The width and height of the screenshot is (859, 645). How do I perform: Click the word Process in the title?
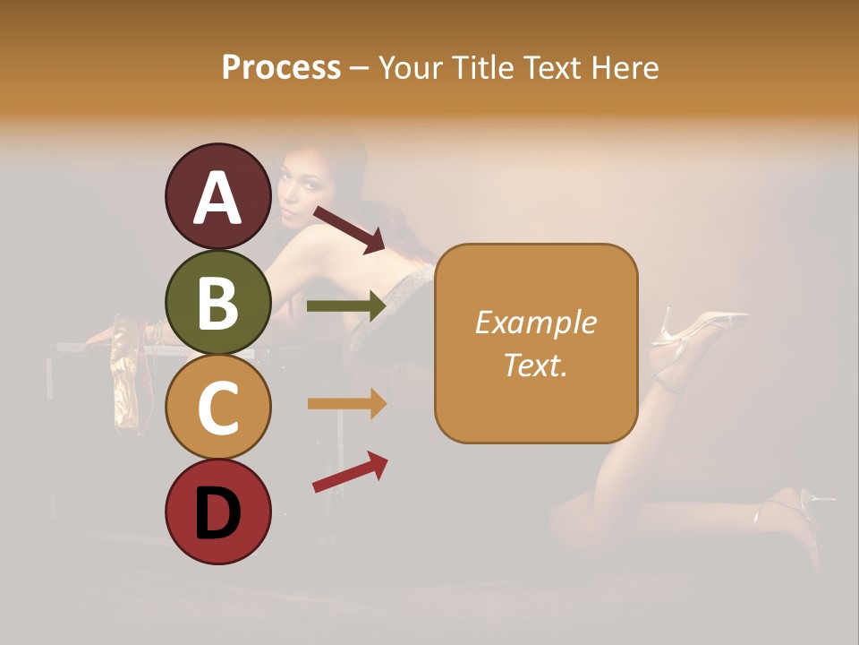pos(281,68)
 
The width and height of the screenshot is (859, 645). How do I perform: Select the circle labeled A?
pos(218,197)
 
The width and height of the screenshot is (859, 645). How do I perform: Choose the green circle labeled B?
pos(218,302)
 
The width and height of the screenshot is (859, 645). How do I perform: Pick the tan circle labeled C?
pos(218,408)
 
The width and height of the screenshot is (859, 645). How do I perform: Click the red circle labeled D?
pos(218,512)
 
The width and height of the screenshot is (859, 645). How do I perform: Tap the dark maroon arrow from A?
pos(349,229)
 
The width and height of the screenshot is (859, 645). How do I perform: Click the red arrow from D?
pos(350,471)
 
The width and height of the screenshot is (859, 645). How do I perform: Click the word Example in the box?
pos(535,323)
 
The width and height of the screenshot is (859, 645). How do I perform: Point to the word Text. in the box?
pos(535,365)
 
